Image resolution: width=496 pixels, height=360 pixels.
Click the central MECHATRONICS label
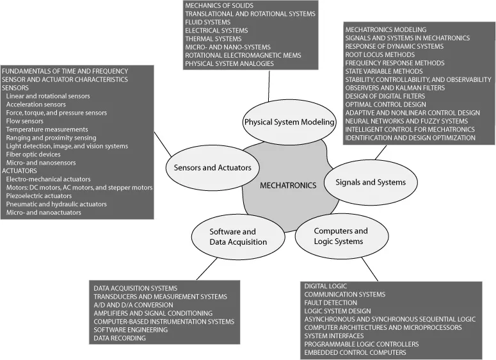(288, 185)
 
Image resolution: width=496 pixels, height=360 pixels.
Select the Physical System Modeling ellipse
(280, 122)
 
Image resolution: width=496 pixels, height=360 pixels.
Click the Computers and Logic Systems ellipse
(340, 236)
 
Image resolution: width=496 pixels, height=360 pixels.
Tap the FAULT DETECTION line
(331, 302)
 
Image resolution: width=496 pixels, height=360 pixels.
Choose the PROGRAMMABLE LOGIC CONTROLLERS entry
(362, 344)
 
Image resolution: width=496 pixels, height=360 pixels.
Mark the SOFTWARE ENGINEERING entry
(131, 329)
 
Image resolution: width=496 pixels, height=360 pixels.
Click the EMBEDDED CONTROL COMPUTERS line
(355, 352)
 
